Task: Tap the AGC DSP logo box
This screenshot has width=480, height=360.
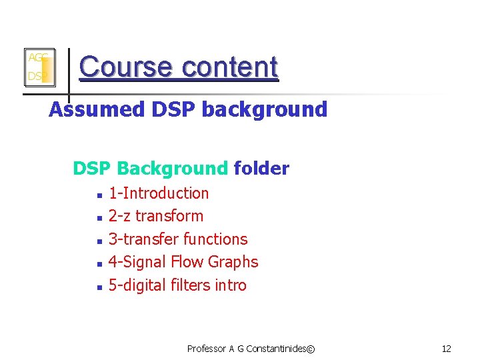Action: click(39, 67)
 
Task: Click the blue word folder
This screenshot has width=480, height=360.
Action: click(261, 169)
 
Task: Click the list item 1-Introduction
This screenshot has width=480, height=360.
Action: click(159, 193)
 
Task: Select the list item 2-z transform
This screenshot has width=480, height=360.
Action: click(156, 216)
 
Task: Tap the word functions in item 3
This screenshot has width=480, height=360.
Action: click(215, 239)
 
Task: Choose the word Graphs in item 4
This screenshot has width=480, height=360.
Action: click(233, 262)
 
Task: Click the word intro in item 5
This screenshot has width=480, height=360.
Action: click(231, 285)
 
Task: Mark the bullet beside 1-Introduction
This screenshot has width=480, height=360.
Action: click(98, 195)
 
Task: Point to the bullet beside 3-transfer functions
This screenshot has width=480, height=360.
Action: click(98, 241)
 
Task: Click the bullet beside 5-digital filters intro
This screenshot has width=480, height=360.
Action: click(98, 287)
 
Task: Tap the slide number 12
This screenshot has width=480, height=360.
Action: click(447, 349)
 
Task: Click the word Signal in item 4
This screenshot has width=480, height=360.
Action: click(143, 262)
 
